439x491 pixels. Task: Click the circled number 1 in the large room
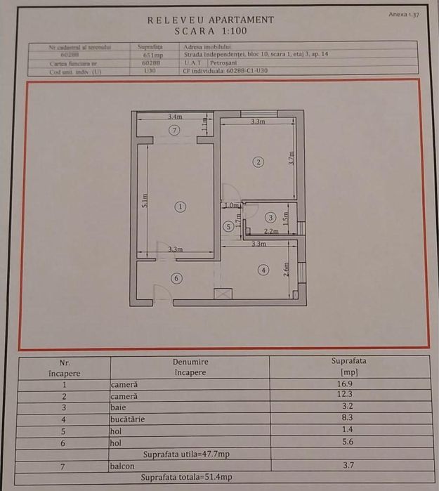click(x=181, y=207)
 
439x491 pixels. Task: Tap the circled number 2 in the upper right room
click(x=258, y=162)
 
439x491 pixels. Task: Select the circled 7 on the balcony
click(x=175, y=130)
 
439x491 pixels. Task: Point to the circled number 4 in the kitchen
click(x=263, y=270)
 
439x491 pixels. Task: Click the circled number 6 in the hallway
click(x=176, y=278)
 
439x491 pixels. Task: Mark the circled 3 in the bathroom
click(x=270, y=218)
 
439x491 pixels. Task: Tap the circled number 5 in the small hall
click(x=228, y=226)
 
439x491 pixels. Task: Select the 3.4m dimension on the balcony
click(x=175, y=117)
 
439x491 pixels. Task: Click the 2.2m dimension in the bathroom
click(x=271, y=231)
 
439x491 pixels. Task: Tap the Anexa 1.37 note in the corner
click(x=404, y=14)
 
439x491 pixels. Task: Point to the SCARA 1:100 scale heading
click(x=211, y=32)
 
